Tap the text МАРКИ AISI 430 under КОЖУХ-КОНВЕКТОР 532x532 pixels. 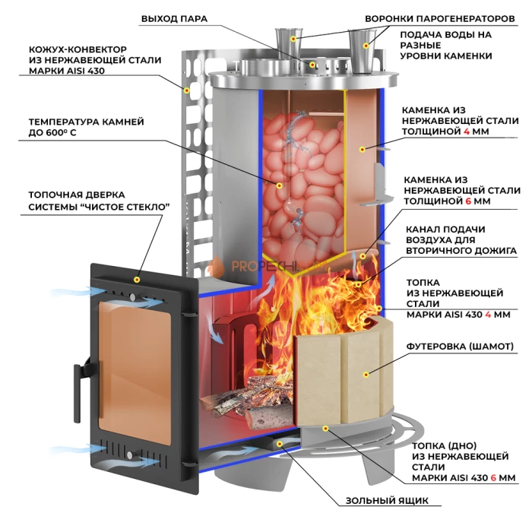(x=66, y=71)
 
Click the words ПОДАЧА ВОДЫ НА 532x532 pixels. (x=445, y=35)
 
